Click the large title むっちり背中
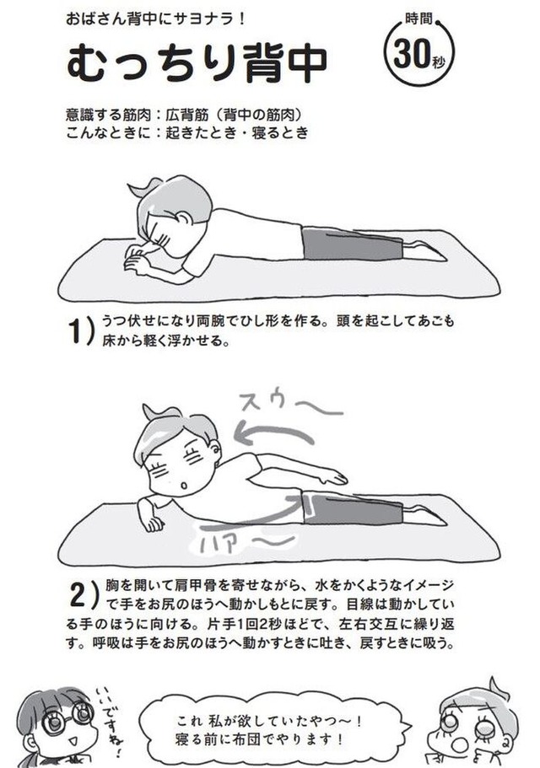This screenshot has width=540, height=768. point(197,62)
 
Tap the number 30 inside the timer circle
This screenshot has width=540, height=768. point(412,54)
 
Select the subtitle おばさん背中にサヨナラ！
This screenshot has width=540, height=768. point(155,19)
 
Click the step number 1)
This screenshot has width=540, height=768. point(80,331)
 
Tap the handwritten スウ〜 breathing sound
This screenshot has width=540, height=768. point(290,404)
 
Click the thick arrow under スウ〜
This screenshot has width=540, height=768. point(273,432)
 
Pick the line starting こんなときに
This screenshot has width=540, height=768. point(186,132)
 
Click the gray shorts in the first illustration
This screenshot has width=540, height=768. point(351,244)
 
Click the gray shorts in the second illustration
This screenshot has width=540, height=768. point(353,509)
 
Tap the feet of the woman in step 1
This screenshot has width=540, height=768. point(425,249)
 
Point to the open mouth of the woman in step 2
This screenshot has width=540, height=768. point(184,486)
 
